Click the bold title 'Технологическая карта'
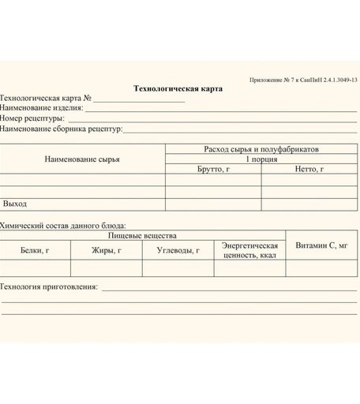pyautogui.click(x=178, y=88)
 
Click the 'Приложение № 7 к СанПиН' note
pyautogui.click(x=303, y=80)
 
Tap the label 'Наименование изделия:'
pyautogui.click(x=42, y=108)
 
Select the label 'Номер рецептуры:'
pyautogui.click(x=32, y=118)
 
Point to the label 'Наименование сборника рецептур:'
pyautogui.click(x=62, y=128)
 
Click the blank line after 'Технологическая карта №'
pyautogui.click(x=141, y=99)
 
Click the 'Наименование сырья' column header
pyautogui.click(x=82, y=159)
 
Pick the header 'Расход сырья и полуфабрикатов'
pyautogui.click(x=261, y=148)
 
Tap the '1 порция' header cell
pyautogui.click(x=261, y=159)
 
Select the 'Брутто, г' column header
pyautogui.click(x=213, y=169)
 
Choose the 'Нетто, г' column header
pyautogui.click(x=309, y=169)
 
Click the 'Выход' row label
pyautogui.click(x=15, y=204)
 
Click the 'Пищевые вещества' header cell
pyautogui.click(x=142, y=235)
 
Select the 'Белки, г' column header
pyautogui.click(x=35, y=250)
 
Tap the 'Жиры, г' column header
pyautogui.click(x=107, y=250)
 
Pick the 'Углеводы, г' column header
pyautogui.click(x=178, y=250)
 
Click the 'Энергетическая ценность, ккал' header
pyautogui.click(x=249, y=250)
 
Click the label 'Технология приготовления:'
pyautogui.click(x=49, y=287)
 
